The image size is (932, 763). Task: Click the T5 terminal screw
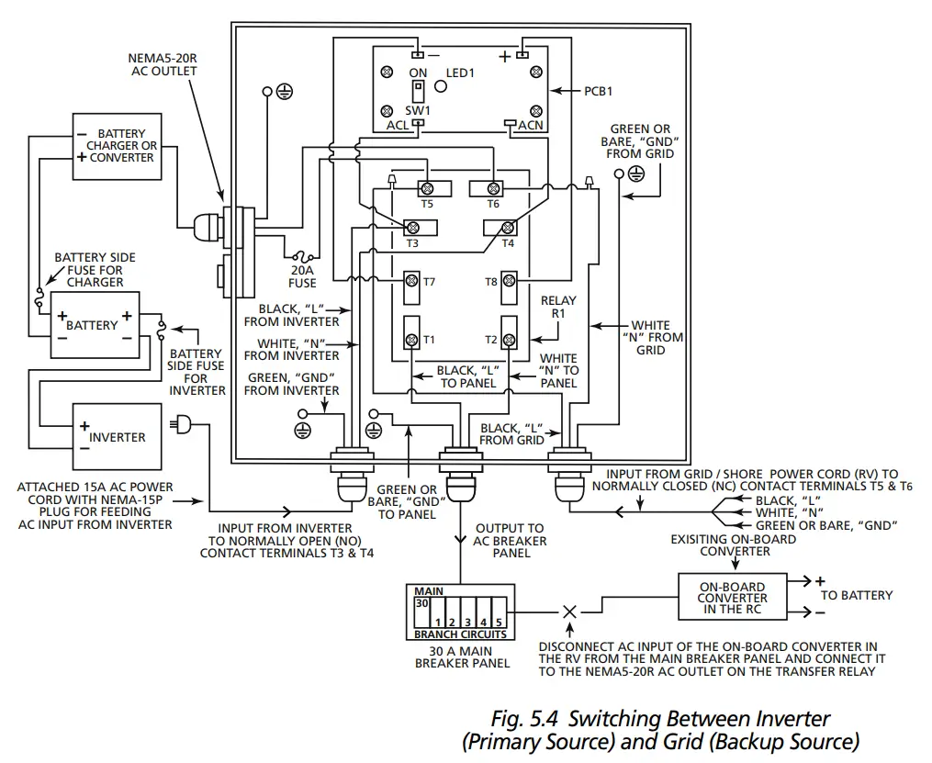coord(427,189)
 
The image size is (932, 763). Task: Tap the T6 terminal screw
coord(493,189)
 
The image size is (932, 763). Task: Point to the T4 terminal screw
coord(508,228)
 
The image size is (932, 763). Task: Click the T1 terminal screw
coord(411,341)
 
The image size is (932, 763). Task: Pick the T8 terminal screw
coord(509,280)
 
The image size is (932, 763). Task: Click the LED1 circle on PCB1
coord(441,86)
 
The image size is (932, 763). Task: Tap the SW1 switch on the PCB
coord(419,92)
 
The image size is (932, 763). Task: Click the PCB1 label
coord(598,91)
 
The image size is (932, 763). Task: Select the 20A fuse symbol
coord(302,257)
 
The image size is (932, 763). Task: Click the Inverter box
coord(118,437)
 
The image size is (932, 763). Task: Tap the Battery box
coord(95,325)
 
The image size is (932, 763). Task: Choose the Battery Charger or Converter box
coord(118,146)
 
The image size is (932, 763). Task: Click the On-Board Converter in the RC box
coord(733,597)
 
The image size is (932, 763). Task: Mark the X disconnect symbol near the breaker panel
coord(569,612)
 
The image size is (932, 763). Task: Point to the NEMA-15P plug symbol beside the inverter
coord(181,425)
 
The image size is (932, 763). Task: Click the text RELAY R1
coord(558,307)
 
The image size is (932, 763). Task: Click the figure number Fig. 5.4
coord(524,719)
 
